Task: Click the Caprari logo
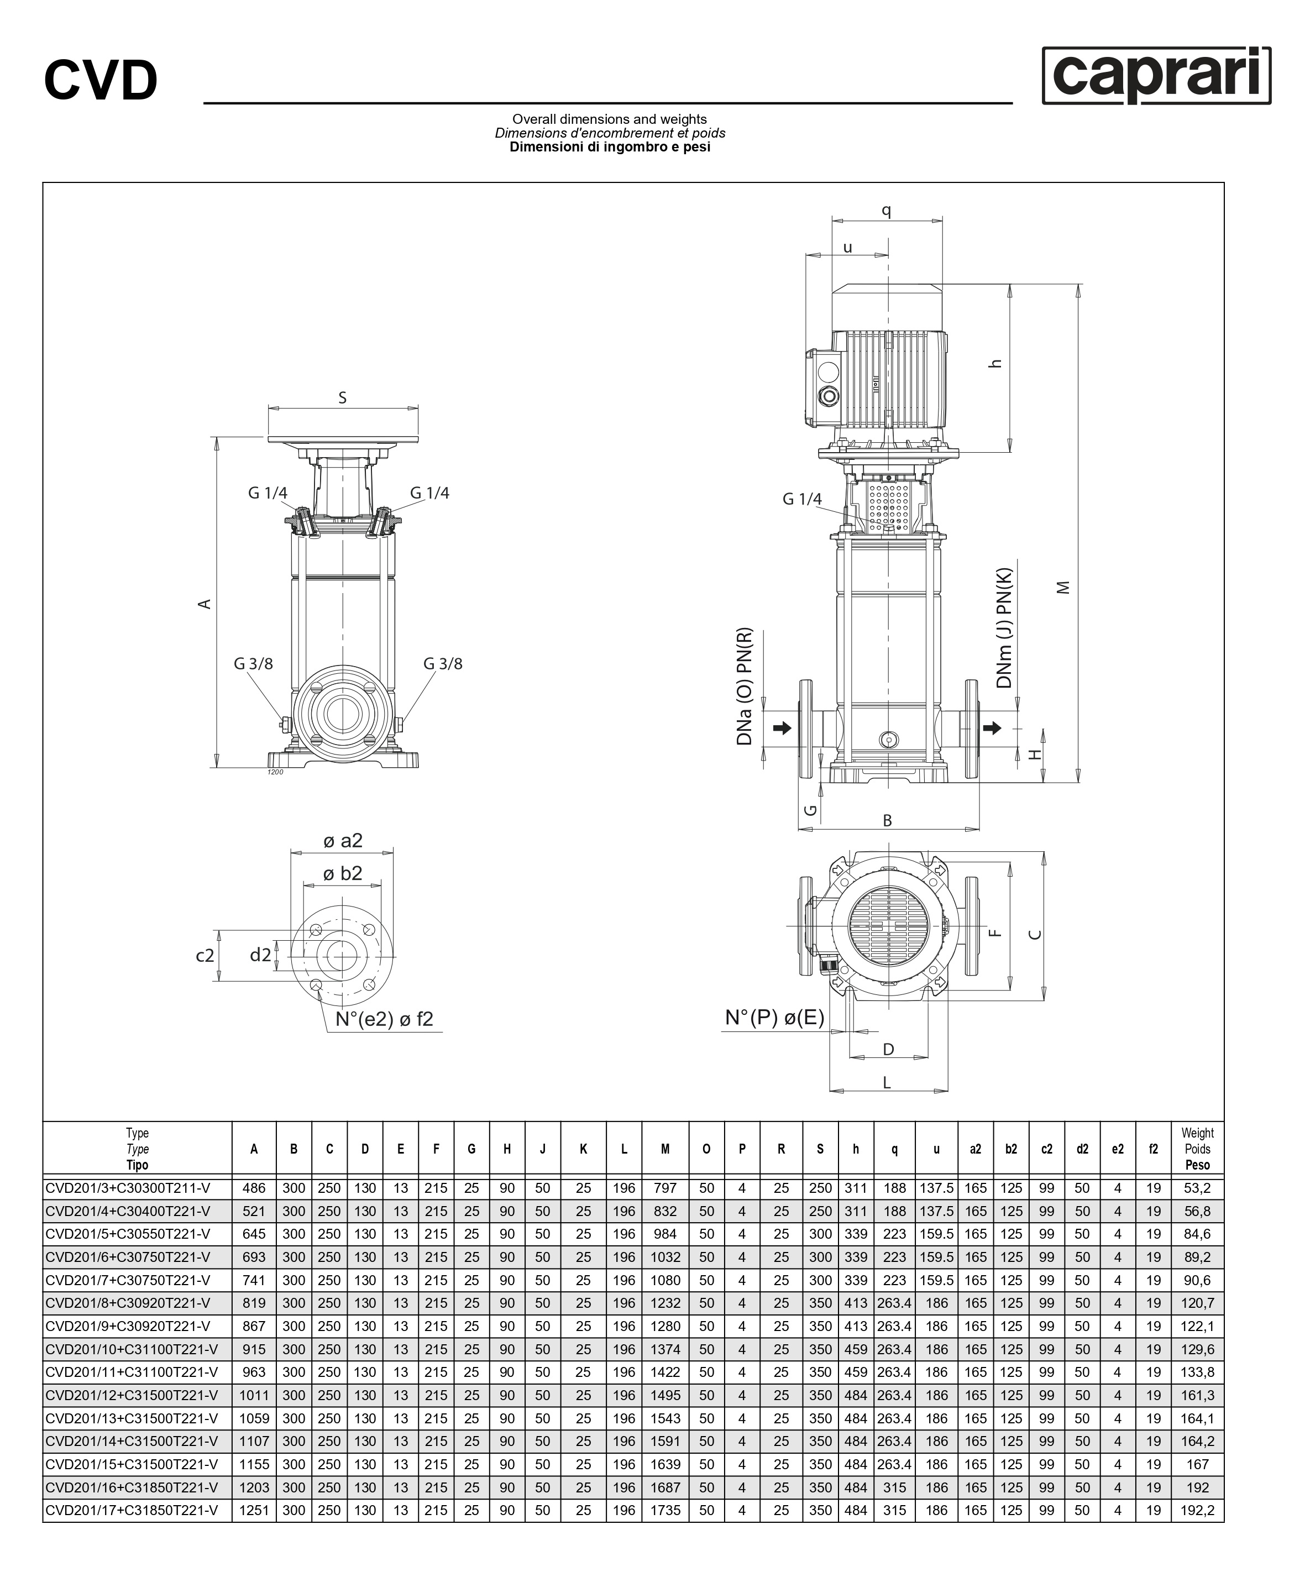pos(1156,75)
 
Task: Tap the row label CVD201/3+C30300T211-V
pos(128,1188)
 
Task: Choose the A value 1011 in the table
pos(254,1395)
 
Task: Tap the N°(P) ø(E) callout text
pos(774,1018)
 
